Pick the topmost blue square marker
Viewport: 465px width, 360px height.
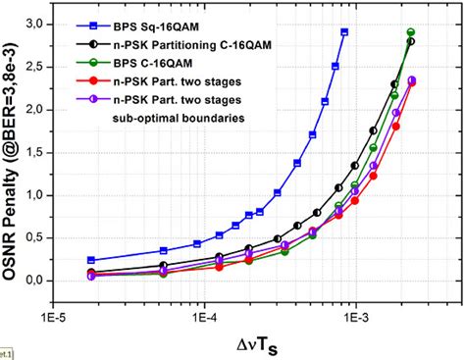[344, 32]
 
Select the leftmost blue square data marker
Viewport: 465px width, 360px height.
[91, 260]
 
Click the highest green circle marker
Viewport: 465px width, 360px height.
[411, 32]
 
